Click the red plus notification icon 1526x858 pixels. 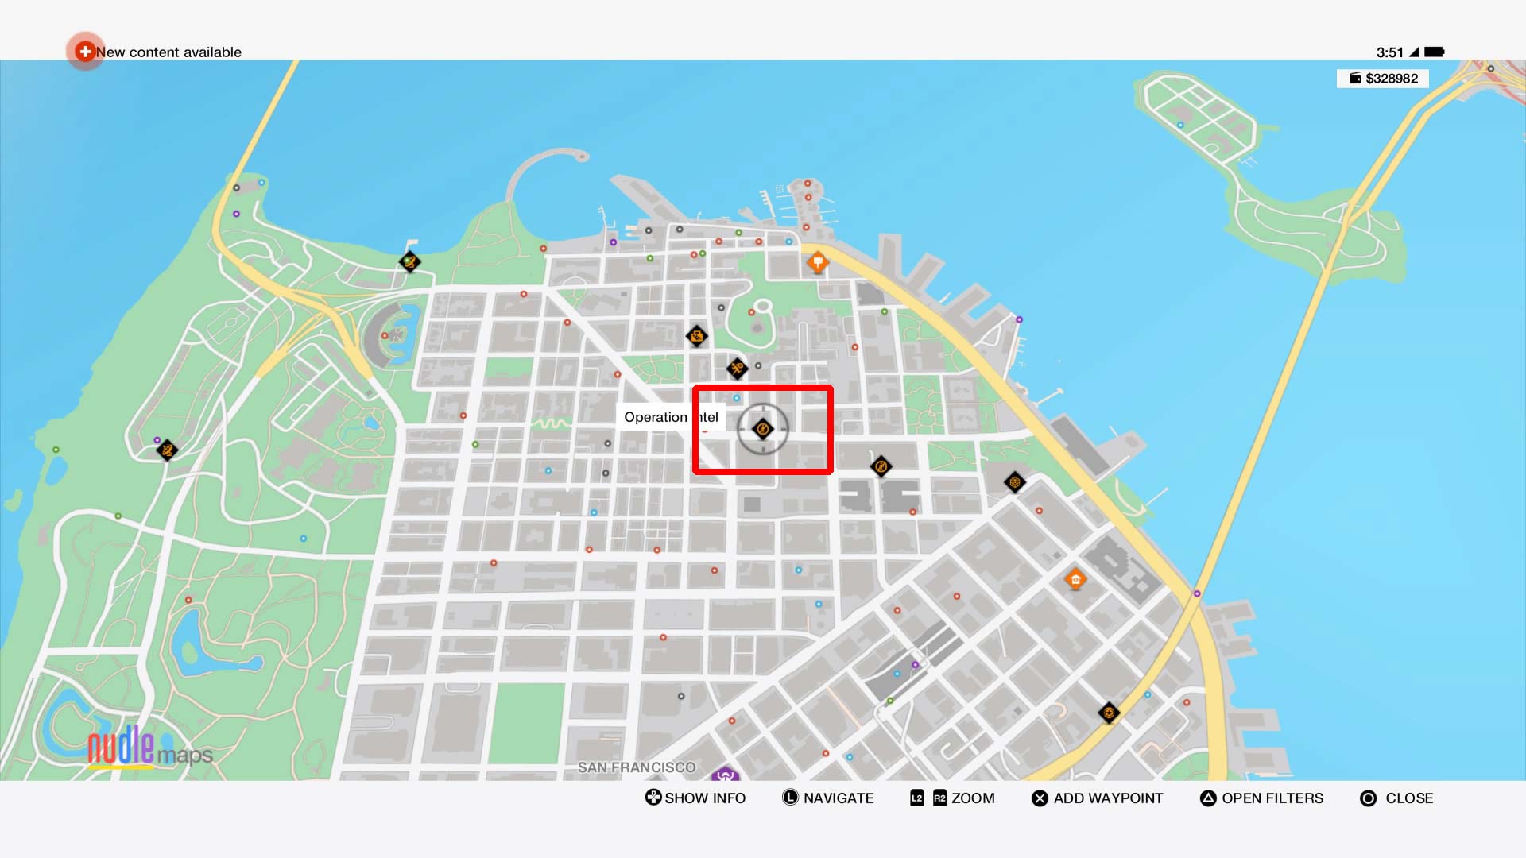pyautogui.click(x=84, y=52)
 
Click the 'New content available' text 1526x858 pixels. pyautogui.click(x=168, y=52)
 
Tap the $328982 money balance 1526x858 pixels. pyautogui.click(x=1384, y=79)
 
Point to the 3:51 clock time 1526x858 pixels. pyautogui.click(x=1389, y=52)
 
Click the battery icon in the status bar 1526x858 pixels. pyautogui.click(x=1434, y=52)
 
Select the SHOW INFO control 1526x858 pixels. pyautogui.click(x=695, y=798)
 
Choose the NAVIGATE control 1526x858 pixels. pyautogui.click(x=828, y=798)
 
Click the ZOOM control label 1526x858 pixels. pyautogui.click(x=972, y=798)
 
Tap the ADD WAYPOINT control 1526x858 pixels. pyautogui.click(x=1098, y=798)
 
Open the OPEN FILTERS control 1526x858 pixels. pyautogui.click(x=1262, y=798)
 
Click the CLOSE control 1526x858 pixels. pyautogui.click(x=1397, y=798)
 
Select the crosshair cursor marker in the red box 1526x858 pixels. pyautogui.click(x=763, y=429)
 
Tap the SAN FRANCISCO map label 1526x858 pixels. pyautogui.click(x=636, y=767)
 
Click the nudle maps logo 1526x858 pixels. pyautogui.click(x=149, y=748)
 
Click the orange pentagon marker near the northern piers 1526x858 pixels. pyautogui.click(x=817, y=262)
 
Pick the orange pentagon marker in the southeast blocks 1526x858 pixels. pyautogui.click(x=1075, y=579)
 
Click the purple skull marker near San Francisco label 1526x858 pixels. pyautogui.click(x=725, y=774)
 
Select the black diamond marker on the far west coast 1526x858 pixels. pyautogui.click(x=167, y=450)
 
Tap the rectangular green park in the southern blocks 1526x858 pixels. pyautogui.click(x=526, y=723)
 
